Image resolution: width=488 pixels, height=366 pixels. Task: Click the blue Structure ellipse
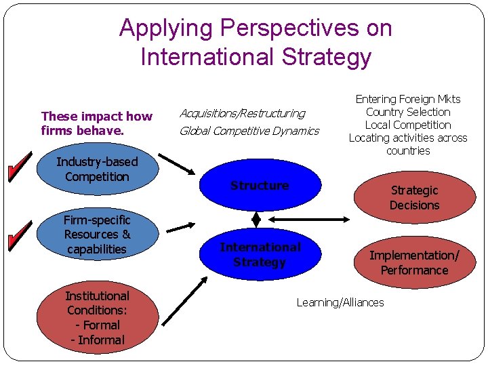(260, 186)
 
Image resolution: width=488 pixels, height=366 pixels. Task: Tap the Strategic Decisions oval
(414, 198)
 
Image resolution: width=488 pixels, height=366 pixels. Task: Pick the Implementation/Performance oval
(414, 263)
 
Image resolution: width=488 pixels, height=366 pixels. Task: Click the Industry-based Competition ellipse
(97, 169)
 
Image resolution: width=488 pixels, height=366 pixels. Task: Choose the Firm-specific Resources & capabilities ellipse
(97, 235)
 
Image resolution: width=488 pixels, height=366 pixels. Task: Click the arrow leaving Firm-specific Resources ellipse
(180, 227)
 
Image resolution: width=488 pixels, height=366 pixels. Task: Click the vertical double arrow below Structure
(256, 220)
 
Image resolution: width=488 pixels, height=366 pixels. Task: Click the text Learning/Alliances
(340, 302)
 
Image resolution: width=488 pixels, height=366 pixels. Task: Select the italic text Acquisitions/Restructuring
(242, 113)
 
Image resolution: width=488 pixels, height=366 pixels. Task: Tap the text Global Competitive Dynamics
(249, 131)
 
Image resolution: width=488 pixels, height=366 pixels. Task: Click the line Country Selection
(408, 112)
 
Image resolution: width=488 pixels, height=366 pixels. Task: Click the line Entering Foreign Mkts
(408, 99)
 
